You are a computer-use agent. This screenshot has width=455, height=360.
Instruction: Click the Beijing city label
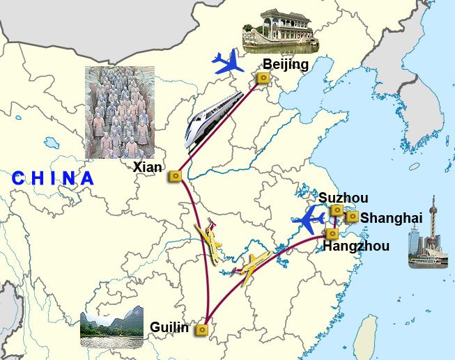[x=286, y=65]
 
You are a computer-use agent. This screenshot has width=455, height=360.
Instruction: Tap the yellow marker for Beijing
[x=263, y=79]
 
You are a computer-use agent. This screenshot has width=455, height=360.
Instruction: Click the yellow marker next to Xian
[x=175, y=177]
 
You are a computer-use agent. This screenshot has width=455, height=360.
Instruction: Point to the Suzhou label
[x=343, y=198]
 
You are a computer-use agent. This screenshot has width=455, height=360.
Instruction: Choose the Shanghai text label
[x=391, y=218]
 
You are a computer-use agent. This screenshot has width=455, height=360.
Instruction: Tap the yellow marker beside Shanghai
[x=353, y=217]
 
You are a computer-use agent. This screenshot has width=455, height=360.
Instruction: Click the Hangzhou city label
[x=355, y=246]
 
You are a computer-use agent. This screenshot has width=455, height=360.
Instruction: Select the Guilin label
[x=169, y=327]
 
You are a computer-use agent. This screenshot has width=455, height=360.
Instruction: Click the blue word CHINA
[x=53, y=178]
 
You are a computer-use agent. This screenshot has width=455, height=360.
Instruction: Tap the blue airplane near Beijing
[x=228, y=63]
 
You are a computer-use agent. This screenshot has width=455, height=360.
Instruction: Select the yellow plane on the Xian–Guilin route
[x=210, y=242]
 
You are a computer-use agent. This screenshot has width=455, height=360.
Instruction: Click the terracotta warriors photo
[x=119, y=111]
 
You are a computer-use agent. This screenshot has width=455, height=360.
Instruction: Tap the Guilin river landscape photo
[x=112, y=328]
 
